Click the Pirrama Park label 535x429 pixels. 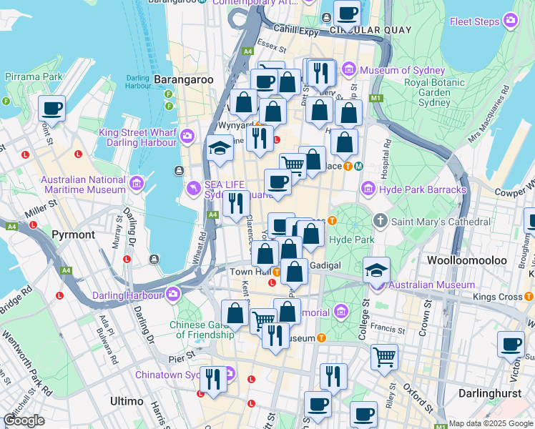(33, 76)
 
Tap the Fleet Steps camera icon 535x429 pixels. (511, 21)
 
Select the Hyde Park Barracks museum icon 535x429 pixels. (368, 189)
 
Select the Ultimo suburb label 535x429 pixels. (127, 402)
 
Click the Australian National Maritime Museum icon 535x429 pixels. (136, 186)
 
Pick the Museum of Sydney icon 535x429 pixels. (349, 70)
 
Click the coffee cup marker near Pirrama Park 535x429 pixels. (52, 109)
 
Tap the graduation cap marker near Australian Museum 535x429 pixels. (377, 271)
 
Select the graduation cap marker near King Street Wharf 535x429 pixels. (220, 149)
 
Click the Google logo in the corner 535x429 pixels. (24, 420)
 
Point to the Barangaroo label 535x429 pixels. (183, 80)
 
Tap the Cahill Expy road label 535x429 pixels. (295, 29)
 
